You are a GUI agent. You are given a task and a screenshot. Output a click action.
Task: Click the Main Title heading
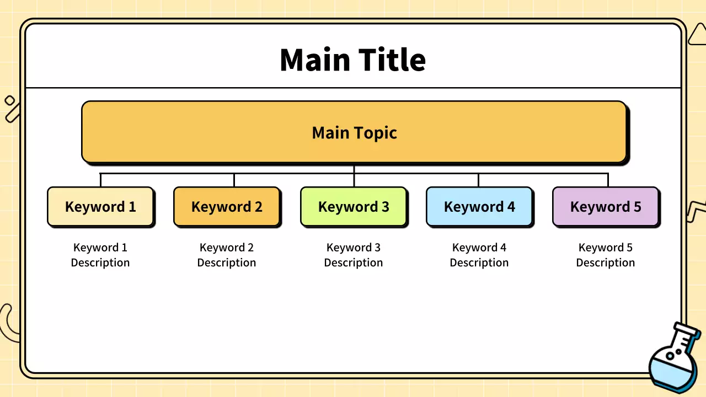[x=353, y=60]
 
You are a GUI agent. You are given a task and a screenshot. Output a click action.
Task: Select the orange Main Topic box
[x=354, y=132]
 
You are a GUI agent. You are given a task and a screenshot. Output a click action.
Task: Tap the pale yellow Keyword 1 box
[x=100, y=207]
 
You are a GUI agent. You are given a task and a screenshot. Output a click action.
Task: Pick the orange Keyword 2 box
[x=227, y=207]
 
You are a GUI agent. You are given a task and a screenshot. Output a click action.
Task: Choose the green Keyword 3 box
[x=354, y=207]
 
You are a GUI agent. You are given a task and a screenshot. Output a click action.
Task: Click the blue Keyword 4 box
[x=479, y=207]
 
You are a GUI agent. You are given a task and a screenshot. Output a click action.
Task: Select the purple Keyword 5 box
[x=606, y=207]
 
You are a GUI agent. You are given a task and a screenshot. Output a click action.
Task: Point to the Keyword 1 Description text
[x=100, y=255]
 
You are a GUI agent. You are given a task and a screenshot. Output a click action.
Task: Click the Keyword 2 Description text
[x=227, y=255]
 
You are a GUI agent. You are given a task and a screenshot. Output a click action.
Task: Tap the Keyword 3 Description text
[x=354, y=255]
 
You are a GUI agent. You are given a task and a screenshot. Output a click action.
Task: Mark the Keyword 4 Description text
[x=479, y=255]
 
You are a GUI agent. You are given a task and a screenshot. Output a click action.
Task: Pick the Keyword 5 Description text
[x=606, y=255]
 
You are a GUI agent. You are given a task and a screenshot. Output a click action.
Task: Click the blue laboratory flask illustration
[x=674, y=359]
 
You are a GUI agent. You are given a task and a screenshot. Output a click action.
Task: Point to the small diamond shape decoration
[x=10, y=100]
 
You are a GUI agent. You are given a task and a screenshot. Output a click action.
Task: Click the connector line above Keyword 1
[x=100, y=180]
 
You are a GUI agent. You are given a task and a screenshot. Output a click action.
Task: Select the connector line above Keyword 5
[x=608, y=180]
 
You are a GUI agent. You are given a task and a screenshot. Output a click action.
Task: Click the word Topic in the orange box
[x=375, y=133]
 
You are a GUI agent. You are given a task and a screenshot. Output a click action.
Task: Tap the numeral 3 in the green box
[x=386, y=207]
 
